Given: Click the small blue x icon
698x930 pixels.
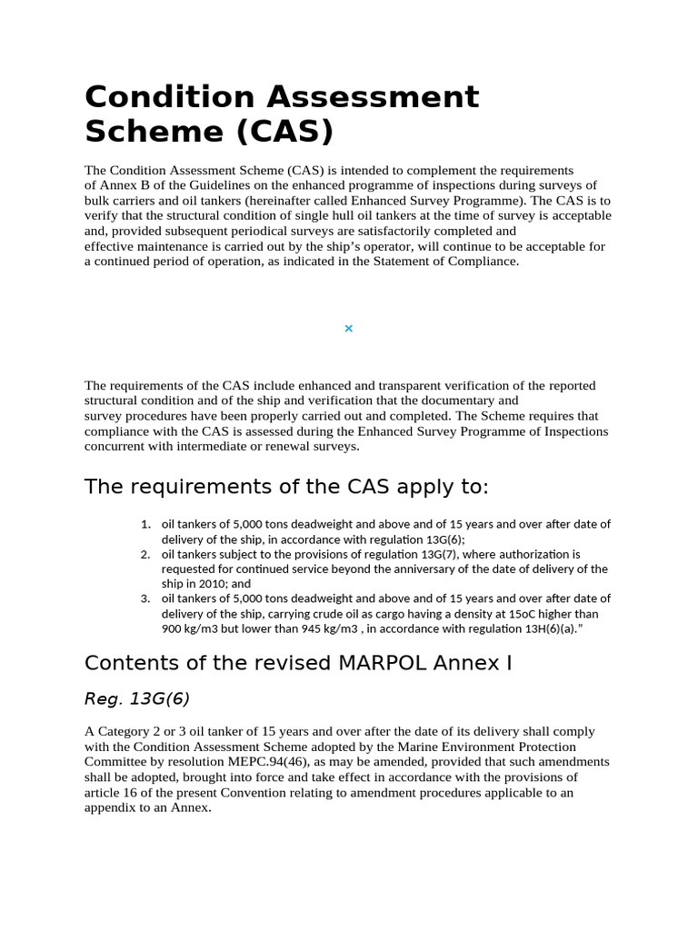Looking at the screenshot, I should [x=348, y=328].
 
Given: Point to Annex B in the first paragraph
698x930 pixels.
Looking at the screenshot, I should [x=115, y=185].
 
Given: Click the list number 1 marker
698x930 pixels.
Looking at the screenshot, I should [x=145, y=524].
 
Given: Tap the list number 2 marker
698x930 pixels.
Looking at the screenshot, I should [x=145, y=554].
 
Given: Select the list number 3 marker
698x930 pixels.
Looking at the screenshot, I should [x=145, y=599].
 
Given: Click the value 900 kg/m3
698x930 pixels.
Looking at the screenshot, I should [x=193, y=629].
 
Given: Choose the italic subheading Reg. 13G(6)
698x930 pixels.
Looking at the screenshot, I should [x=137, y=698].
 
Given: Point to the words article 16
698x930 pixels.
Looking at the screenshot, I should [x=109, y=792].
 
